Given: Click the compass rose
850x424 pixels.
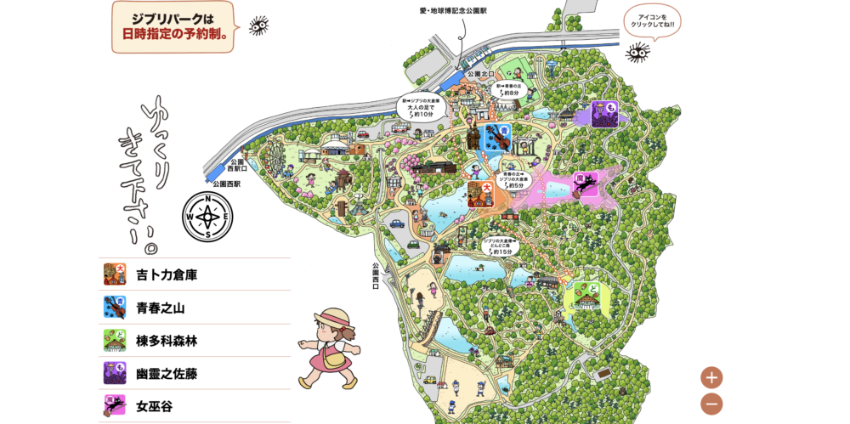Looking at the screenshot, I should [207, 217].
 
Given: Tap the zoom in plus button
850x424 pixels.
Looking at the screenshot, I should [711, 377].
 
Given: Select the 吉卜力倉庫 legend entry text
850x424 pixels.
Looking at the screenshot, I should [167, 274].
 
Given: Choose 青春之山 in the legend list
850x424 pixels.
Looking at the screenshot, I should [160, 308].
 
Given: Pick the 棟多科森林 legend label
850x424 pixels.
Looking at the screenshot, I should [166, 341].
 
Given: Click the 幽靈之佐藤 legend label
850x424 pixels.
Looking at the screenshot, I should [166, 373].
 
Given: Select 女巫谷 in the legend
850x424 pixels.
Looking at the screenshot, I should [154, 406].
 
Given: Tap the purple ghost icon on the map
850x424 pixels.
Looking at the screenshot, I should [604, 114].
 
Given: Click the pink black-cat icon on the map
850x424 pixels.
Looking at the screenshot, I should [585, 184].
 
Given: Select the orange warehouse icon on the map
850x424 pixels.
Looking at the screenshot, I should [480, 195].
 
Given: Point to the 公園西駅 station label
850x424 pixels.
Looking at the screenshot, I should [226, 183].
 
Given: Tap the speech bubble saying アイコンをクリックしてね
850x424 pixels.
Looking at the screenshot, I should [652, 20].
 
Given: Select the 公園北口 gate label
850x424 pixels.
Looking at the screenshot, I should [480, 74].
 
